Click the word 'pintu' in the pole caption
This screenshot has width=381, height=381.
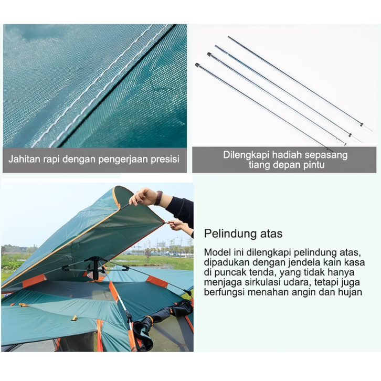coord(314,165)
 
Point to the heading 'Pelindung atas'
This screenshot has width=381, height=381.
coord(243,234)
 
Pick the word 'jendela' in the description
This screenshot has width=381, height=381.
coord(305,262)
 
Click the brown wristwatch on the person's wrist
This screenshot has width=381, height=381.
coord(158,198)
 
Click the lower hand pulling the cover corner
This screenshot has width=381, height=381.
coord(177,224)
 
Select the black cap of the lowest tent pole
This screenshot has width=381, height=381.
coord(197,65)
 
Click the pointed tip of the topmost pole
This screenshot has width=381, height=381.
coord(372,131)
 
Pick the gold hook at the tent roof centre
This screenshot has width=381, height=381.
coord(75,318)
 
